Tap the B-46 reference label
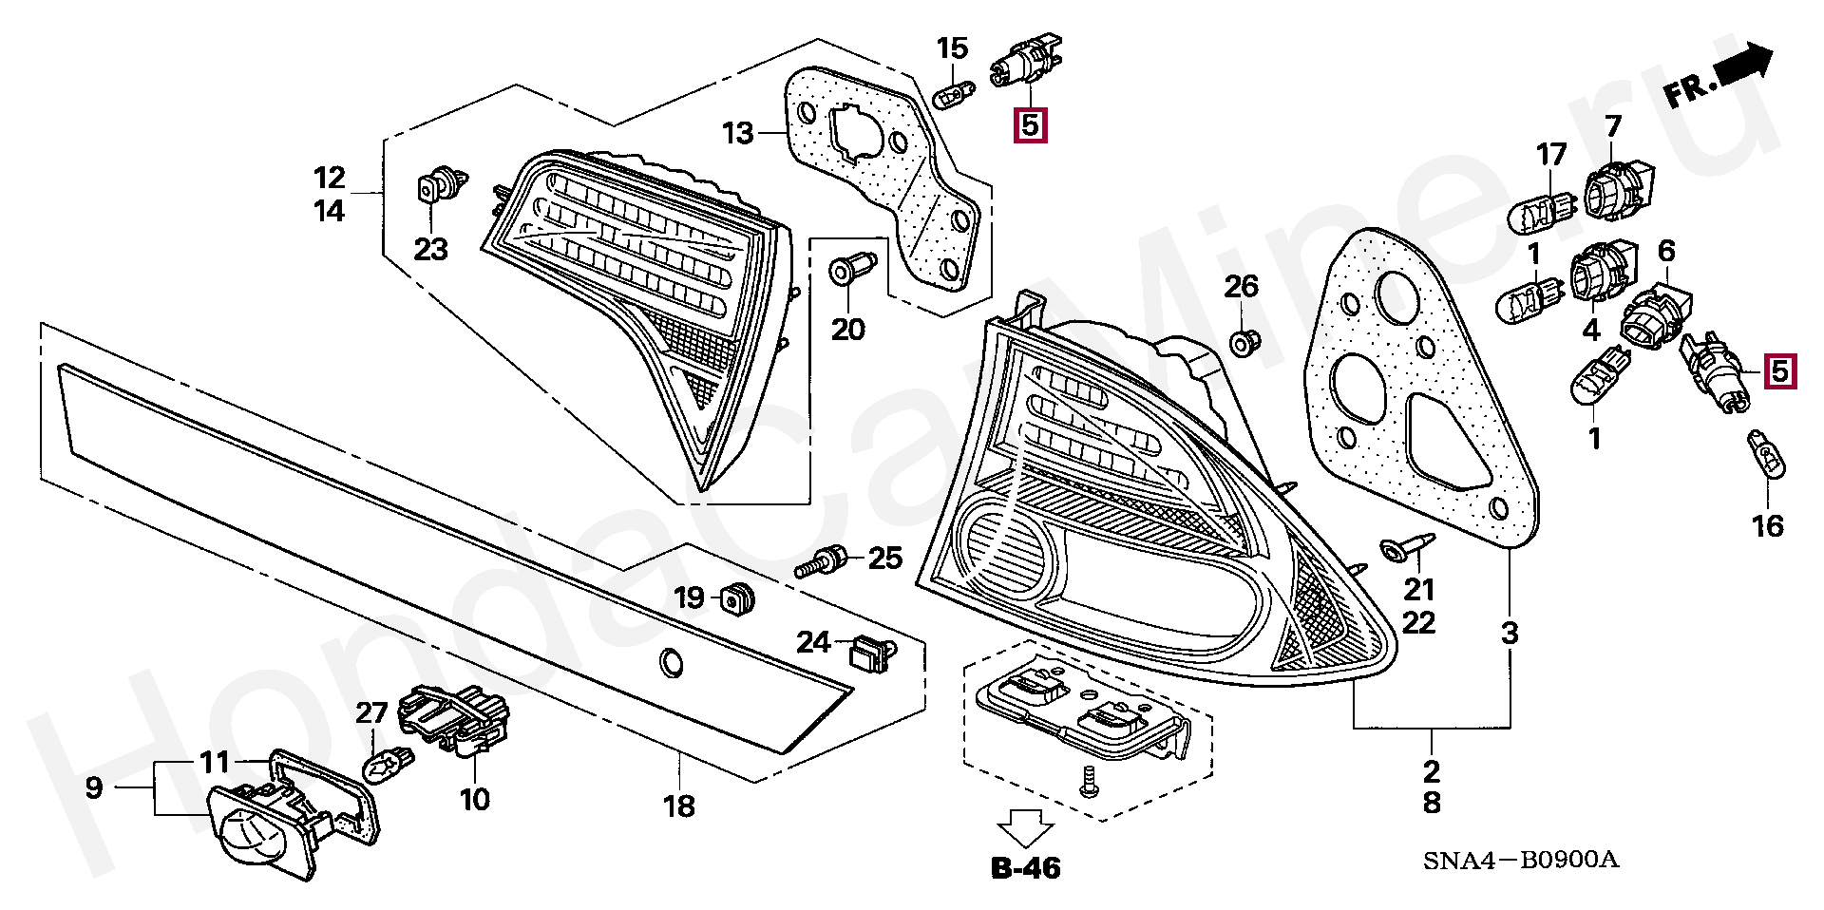point(1026,867)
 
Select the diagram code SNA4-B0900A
point(1520,861)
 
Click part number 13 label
point(737,133)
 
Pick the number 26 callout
point(1241,286)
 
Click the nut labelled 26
point(1242,341)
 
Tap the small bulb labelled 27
point(387,765)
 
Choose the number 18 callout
point(678,806)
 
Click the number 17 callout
point(1551,154)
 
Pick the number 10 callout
point(474,799)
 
